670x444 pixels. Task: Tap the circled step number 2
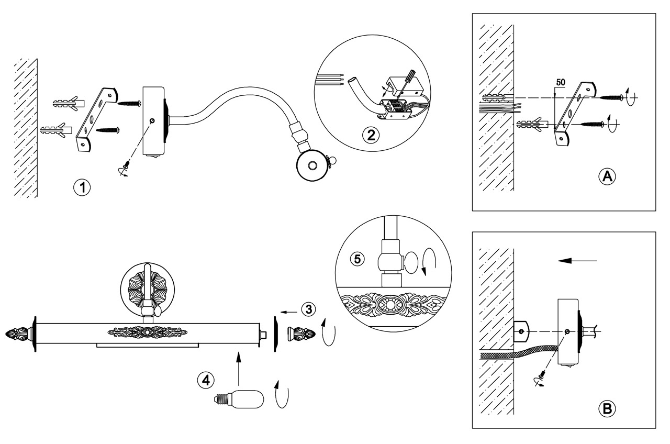coord(371,135)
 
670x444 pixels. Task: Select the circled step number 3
coord(309,309)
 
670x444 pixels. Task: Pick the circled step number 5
coord(356,259)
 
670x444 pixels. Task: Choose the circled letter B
coord(607,408)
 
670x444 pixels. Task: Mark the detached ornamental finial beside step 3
coord(301,333)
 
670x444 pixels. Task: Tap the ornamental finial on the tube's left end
coord(18,333)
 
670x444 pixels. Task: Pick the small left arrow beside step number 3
coord(287,312)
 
